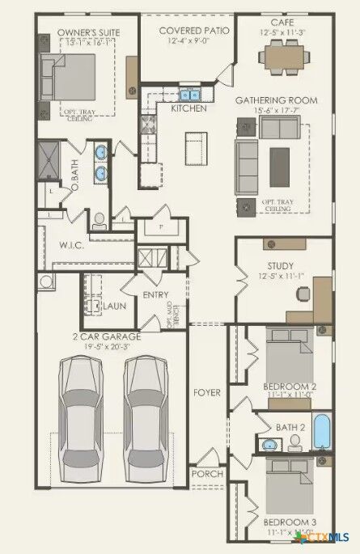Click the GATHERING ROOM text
[276, 99]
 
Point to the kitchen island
[194, 148]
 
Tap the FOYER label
[206, 393]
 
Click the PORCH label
[205, 473]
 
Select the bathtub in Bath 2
[322, 433]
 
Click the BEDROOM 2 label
[290, 387]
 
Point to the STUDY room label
[280, 266]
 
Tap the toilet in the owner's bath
[98, 218]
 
